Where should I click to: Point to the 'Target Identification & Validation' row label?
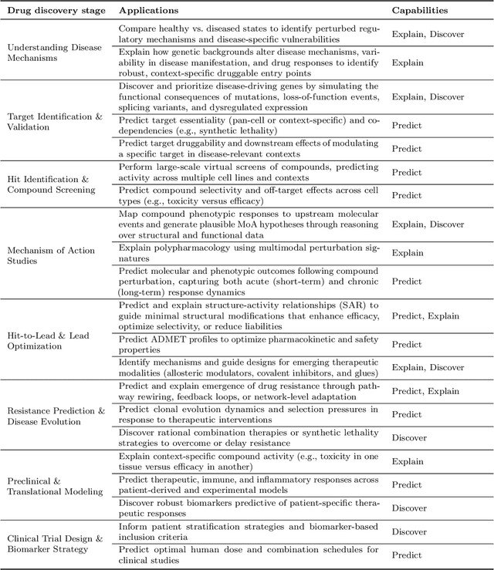tap(54, 121)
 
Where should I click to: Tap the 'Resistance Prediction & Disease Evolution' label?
tap(56, 417)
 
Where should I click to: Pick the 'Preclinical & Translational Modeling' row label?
tap(55, 485)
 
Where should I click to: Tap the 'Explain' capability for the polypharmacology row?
tap(408, 253)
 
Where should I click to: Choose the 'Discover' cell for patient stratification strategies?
tap(409, 531)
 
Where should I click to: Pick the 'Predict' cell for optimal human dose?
tap(407, 555)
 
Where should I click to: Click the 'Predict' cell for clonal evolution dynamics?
tap(407, 414)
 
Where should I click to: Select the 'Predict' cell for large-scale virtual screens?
tap(407, 172)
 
